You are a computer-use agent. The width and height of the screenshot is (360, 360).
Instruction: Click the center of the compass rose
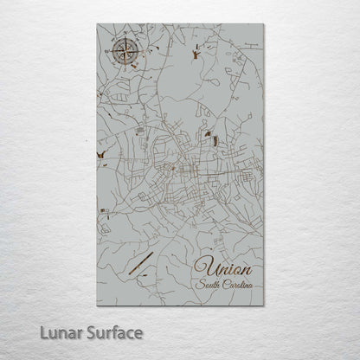(x=125, y=54)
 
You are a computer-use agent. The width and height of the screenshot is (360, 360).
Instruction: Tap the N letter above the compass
(x=125, y=38)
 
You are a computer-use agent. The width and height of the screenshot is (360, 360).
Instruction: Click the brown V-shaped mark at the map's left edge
(x=102, y=157)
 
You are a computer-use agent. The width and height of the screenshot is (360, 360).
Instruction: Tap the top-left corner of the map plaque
(x=97, y=24)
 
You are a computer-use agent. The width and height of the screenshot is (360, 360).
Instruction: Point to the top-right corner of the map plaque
(x=262, y=24)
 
